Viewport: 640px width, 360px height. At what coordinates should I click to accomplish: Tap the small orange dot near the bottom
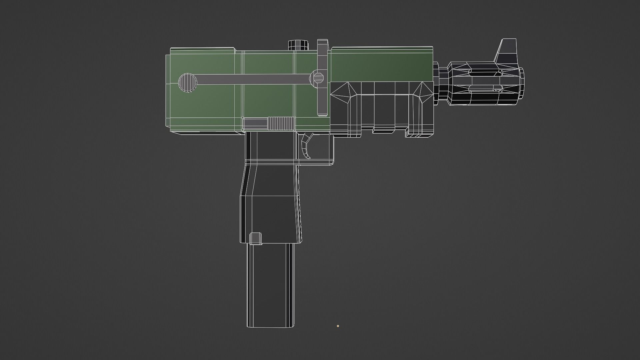point(338,326)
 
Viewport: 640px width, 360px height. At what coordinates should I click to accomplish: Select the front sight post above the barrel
point(507,50)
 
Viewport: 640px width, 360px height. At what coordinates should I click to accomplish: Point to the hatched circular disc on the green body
point(188,82)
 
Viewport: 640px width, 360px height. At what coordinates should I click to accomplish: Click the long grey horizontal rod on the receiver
point(253,79)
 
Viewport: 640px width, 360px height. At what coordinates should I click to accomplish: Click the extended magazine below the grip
point(270,287)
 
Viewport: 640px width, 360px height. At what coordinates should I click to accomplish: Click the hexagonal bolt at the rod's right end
point(318,78)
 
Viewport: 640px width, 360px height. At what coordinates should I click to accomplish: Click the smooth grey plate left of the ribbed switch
point(256,124)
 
